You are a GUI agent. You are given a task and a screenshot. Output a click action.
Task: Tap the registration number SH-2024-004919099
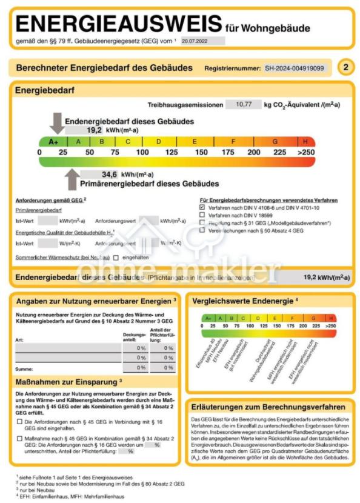pyautogui.click(x=295, y=68)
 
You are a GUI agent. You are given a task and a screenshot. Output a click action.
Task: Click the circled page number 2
pyautogui.click(x=345, y=67)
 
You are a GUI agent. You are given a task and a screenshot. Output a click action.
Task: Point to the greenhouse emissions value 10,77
pyautogui.click(x=244, y=104)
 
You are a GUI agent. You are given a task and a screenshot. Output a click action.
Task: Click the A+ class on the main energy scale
pyautogui.click(x=53, y=142)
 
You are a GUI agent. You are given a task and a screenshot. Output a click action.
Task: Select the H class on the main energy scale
pyautogui.click(x=305, y=142)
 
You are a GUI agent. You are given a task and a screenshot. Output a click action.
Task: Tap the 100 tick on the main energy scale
pyautogui.click(x=142, y=152)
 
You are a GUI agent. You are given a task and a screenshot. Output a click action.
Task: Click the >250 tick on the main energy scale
pyautogui.click(x=305, y=152)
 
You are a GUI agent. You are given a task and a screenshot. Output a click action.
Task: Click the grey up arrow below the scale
pyautogui.click(x=72, y=179)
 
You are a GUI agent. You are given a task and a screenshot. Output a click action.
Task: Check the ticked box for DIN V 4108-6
pyautogui.click(x=202, y=207)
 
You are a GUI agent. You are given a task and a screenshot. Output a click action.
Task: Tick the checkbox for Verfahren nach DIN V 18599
pyautogui.click(x=202, y=215)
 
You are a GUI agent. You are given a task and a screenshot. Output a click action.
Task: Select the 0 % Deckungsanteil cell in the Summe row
pyautogui.click(x=142, y=367)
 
